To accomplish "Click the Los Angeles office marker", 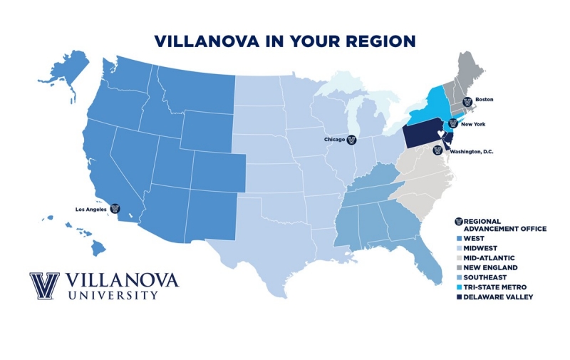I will coord(115,210).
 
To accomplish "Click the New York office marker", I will coord(452,123).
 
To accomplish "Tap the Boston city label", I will coord(484,100).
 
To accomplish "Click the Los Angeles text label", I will coord(92,210).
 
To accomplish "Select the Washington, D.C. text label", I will coord(472,152).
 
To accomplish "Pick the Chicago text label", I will coord(333,140).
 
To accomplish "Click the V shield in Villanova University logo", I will coord(44,286).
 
